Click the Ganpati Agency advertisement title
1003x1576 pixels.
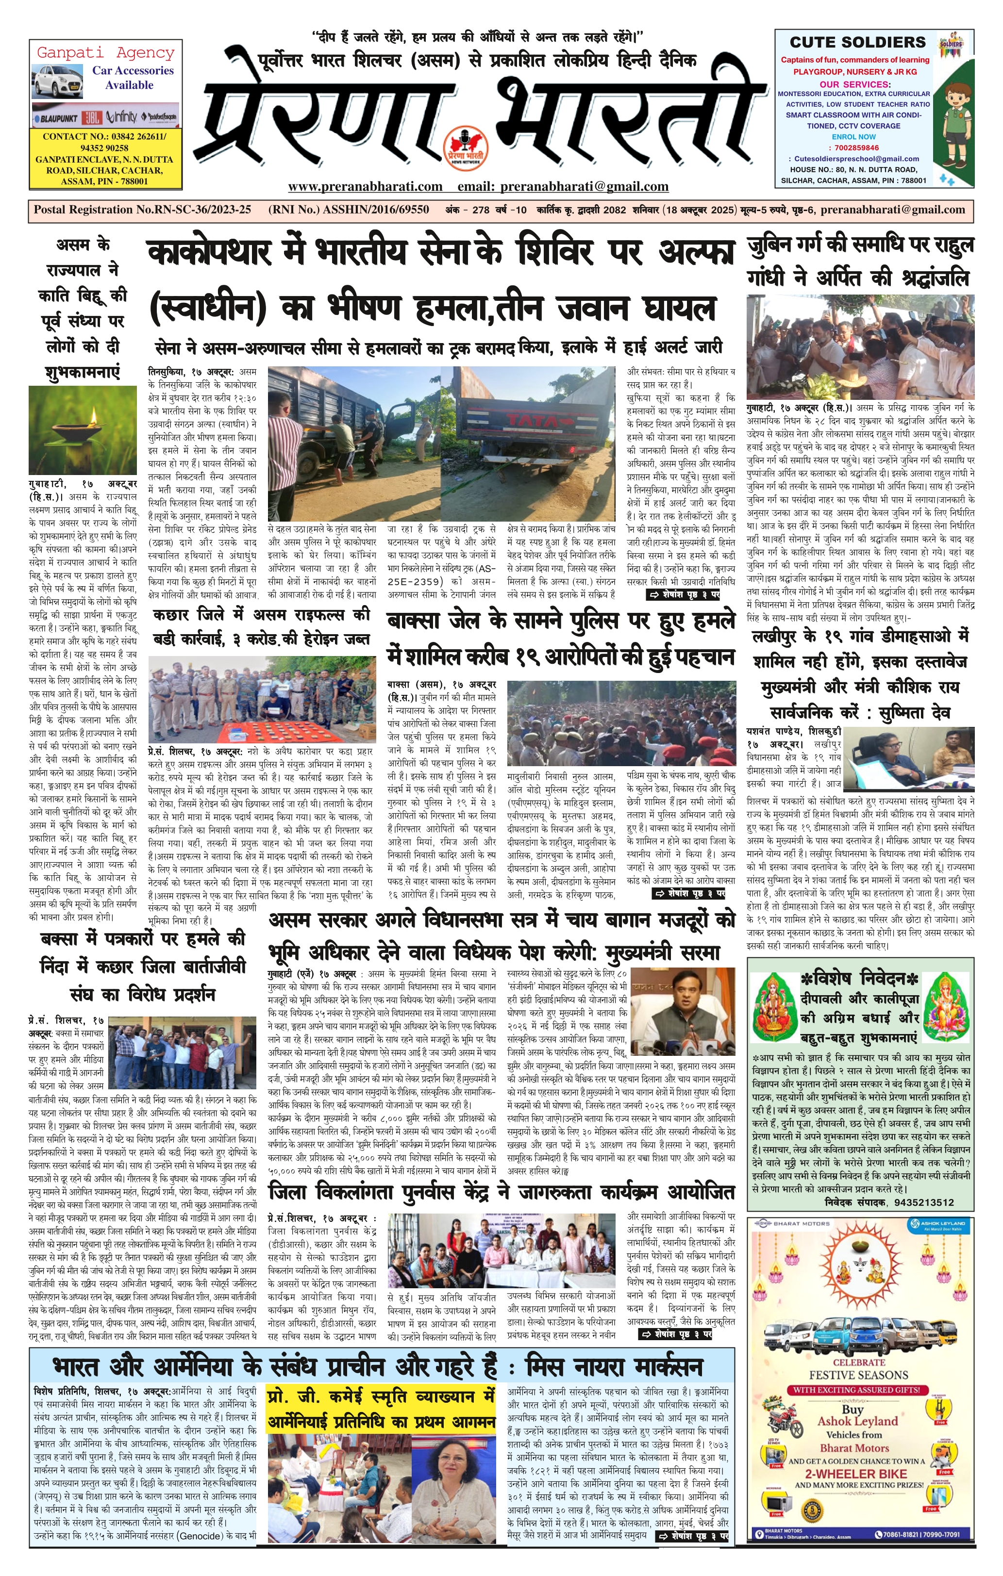pyautogui.click(x=105, y=52)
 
